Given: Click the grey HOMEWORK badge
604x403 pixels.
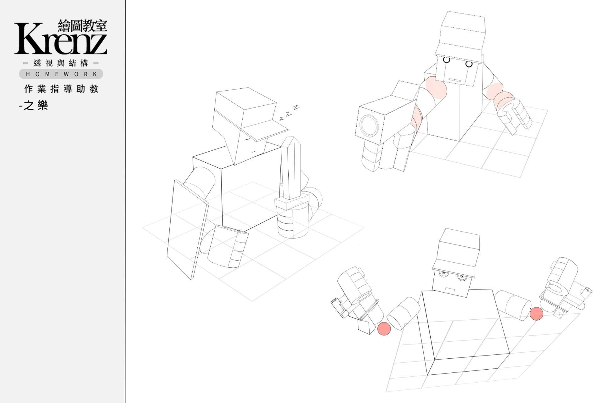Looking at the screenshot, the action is [x=61, y=74].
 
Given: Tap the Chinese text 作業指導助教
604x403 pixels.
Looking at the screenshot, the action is [x=61, y=89].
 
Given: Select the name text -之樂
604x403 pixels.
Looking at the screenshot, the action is [x=33, y=105].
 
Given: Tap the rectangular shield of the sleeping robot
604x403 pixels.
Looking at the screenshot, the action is [x=188, y=230].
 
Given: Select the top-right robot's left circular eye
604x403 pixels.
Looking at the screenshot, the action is [x=447, y=59].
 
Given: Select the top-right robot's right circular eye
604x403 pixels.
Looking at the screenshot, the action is [x=469, y=64].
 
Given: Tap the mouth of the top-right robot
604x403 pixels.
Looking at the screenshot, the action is [x=455, y=80].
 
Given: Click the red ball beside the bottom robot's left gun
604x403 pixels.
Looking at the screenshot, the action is [x=384, y=328].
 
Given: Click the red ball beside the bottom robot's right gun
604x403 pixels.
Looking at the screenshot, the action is [x=536, y=314].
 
